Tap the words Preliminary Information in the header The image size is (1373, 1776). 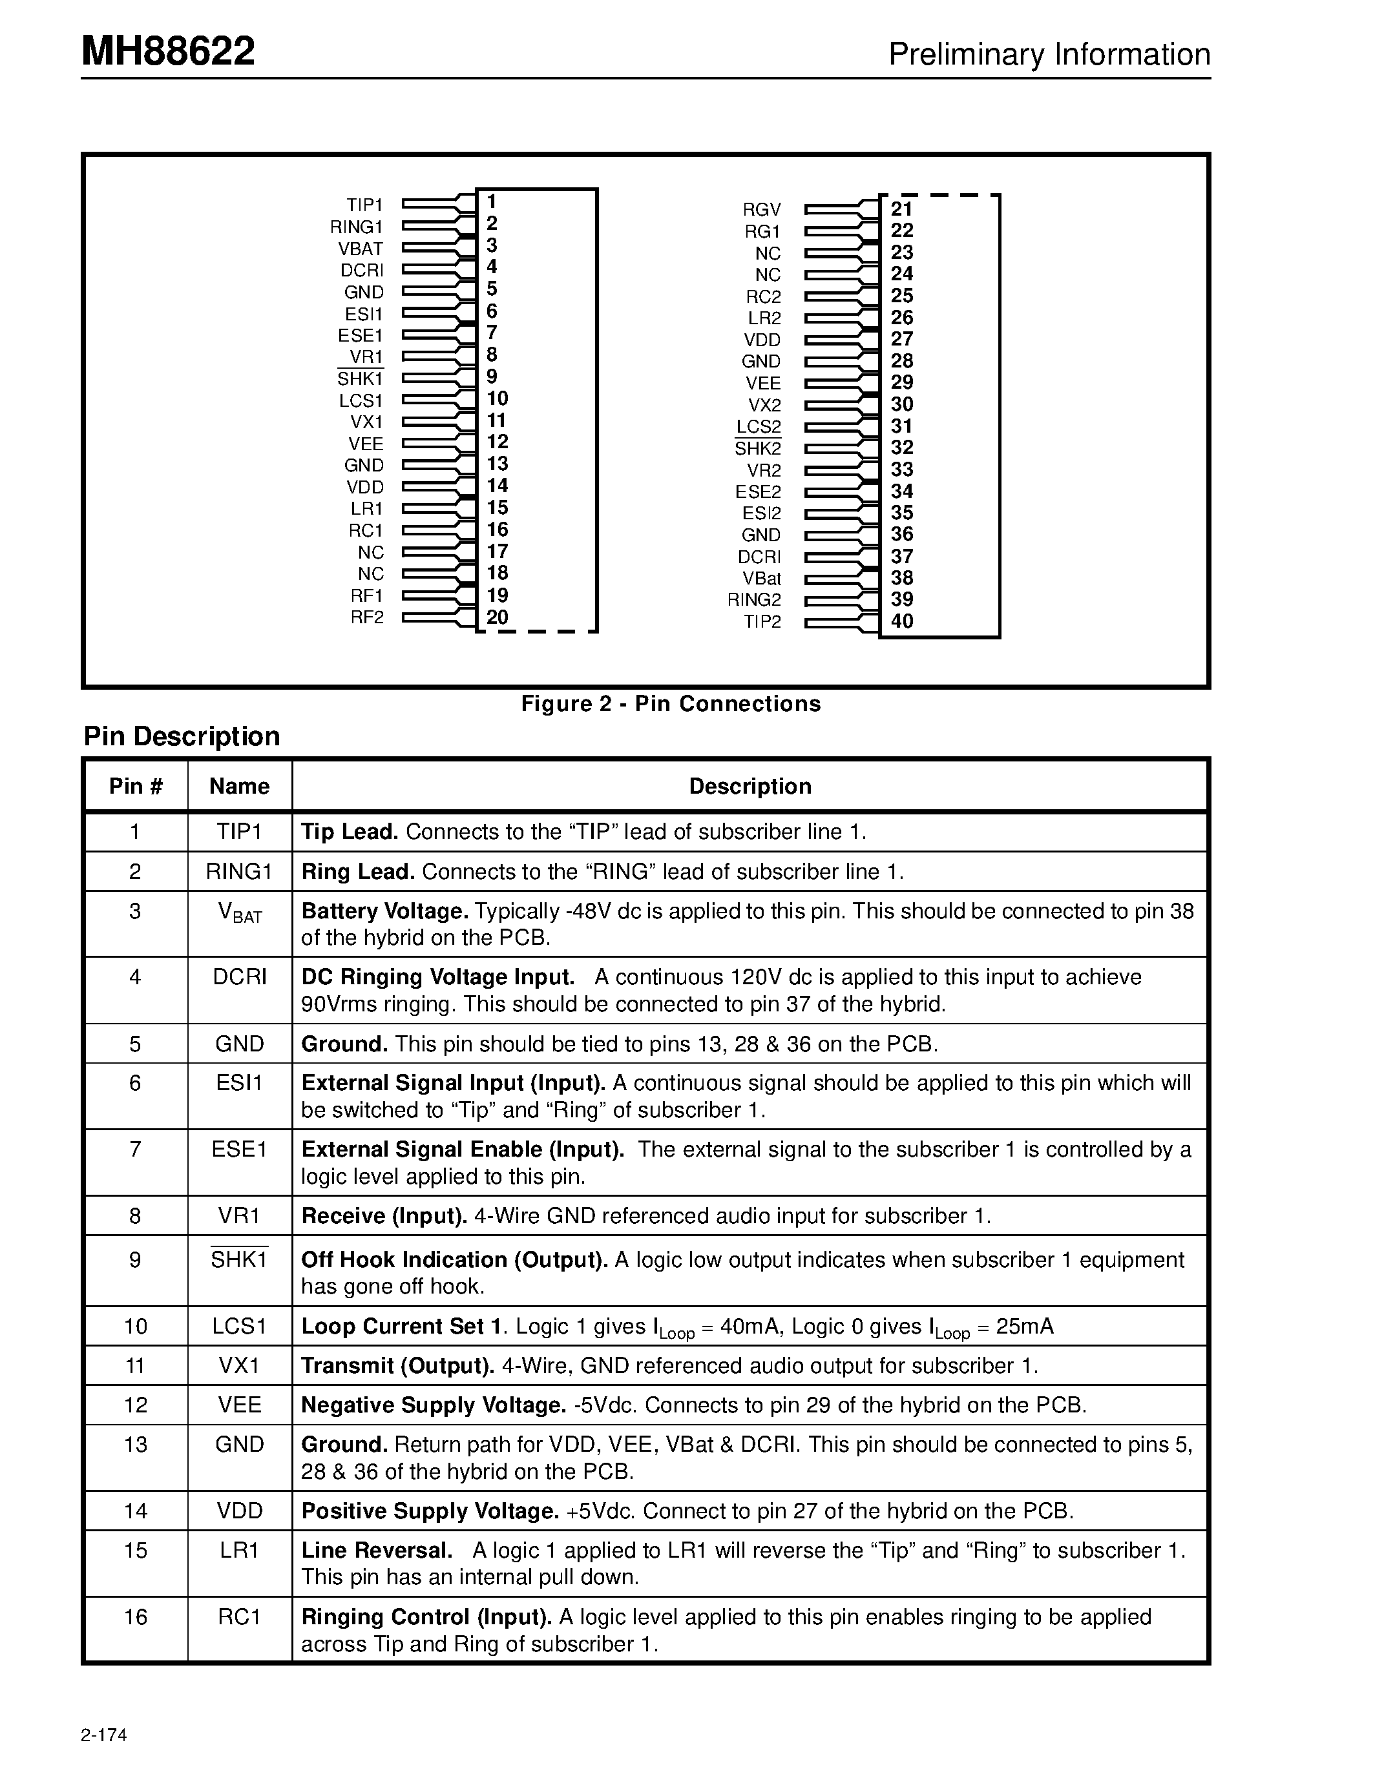(x=1049, y=54)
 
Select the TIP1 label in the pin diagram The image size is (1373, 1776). (x=364, y=205)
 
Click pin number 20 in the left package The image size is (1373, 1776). (x=497, y=617)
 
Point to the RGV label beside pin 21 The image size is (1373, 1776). (x=762, y=210)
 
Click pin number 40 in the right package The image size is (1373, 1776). (x=901, y=621)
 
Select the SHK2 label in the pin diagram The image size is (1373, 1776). (x=757, y=448)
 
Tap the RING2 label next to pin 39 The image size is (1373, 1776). (x=754, y=600)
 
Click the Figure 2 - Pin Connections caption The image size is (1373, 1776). (x=671, y=703)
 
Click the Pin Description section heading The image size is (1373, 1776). (x=182, y=736)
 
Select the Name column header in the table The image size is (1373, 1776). (x=239, y=787)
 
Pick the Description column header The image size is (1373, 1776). (x=750, y=787)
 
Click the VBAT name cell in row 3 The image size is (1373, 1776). (x=239, y=913)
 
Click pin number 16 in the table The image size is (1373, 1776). (x=135, y=1616)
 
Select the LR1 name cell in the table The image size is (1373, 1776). (x=239, y=1550)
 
